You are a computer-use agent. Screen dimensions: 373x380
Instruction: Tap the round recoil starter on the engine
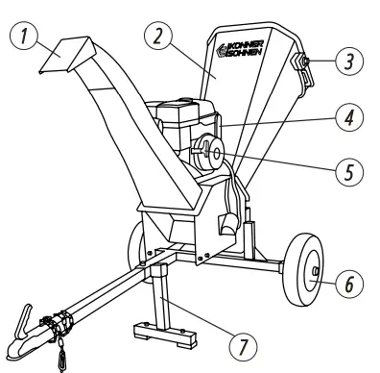[x=211, y=153]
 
